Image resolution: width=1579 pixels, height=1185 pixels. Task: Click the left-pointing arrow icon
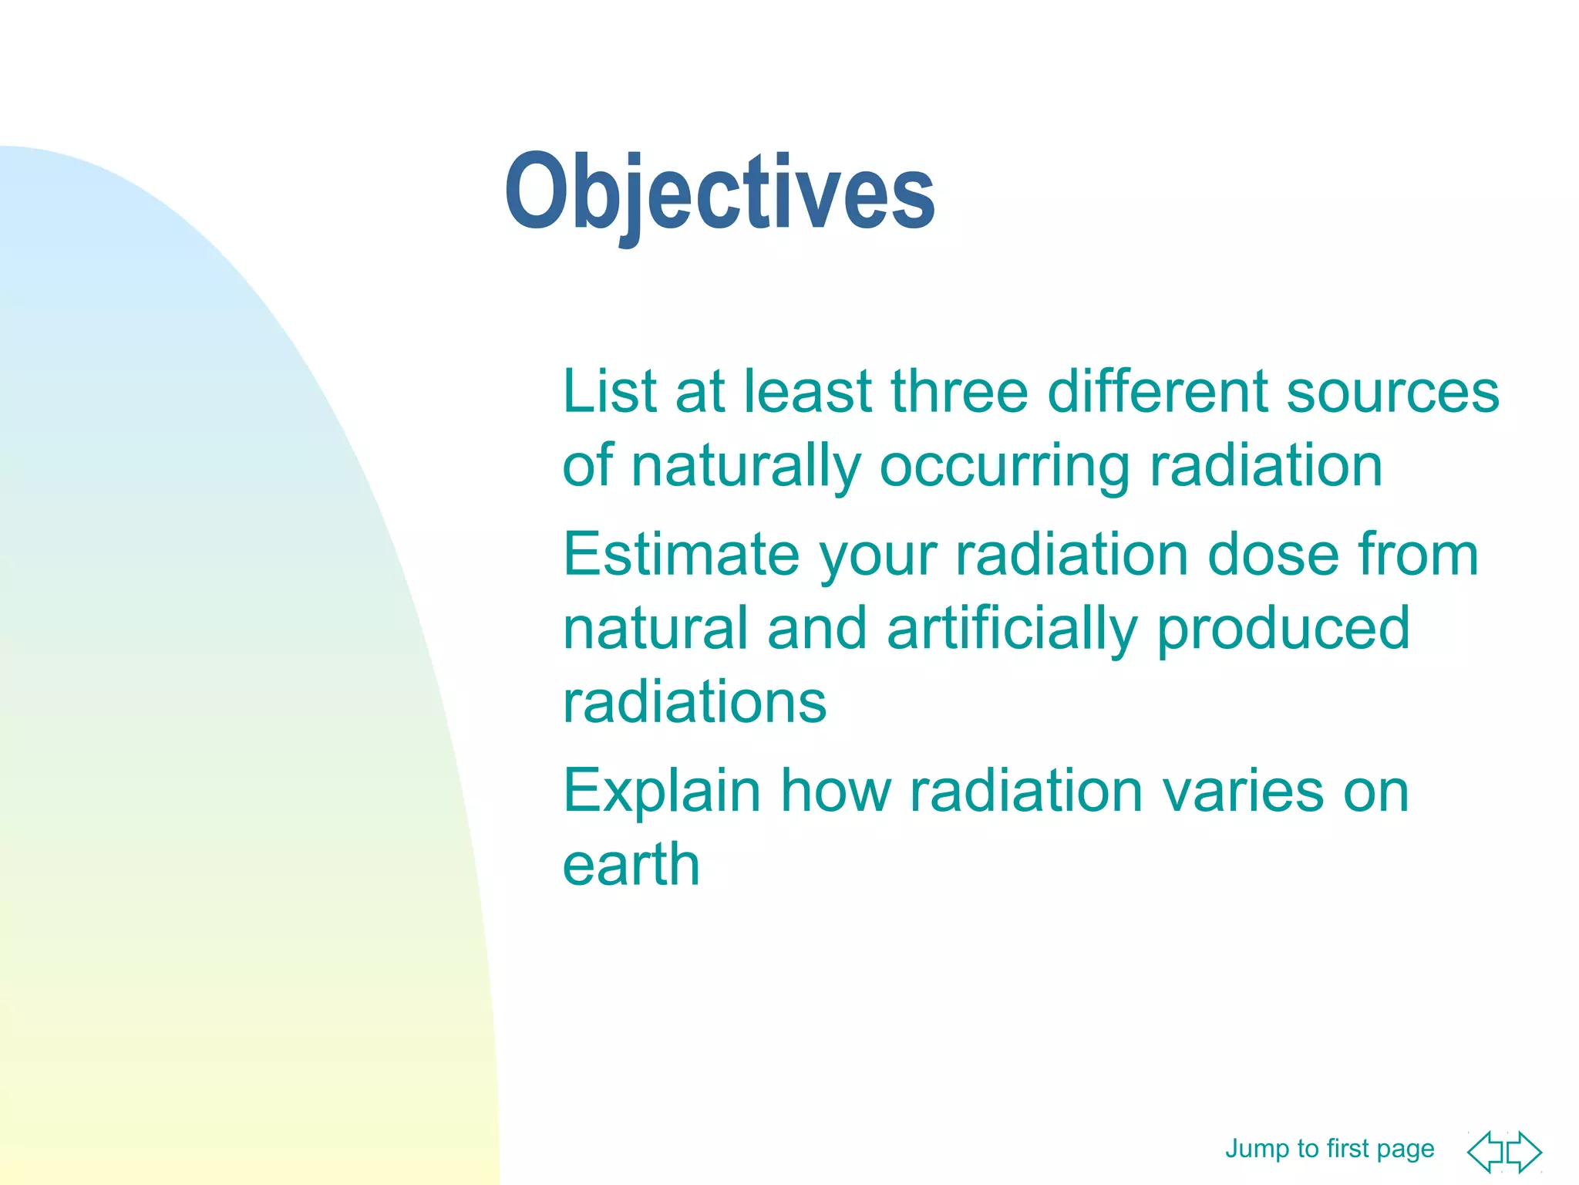click(x=1486, y=1153)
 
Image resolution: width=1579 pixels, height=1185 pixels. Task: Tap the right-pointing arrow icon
click(x=1523, y=1153)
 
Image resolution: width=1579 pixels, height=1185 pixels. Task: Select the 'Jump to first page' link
click(x=1329, y=1149)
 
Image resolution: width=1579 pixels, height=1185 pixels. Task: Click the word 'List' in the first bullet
click(x=609, y=391)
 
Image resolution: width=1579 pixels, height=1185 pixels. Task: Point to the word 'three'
click(x=959, y=391)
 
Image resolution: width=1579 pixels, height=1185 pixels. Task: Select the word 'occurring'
click(x=1005, y=466)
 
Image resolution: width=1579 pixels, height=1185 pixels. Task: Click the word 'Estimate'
click(x=682, y=554)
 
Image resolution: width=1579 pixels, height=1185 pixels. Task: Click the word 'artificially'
click(x=1012, y=629)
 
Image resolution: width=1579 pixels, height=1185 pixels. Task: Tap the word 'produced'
click(x=1283, y=629)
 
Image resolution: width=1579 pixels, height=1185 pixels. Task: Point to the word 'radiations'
click(x=695, y=702)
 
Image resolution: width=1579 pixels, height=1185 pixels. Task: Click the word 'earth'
click(x=631, y=864)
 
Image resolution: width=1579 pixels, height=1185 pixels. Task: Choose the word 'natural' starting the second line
click(x=655, y=629)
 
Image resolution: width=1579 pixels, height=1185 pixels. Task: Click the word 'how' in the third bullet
click(x=836, y=791)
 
